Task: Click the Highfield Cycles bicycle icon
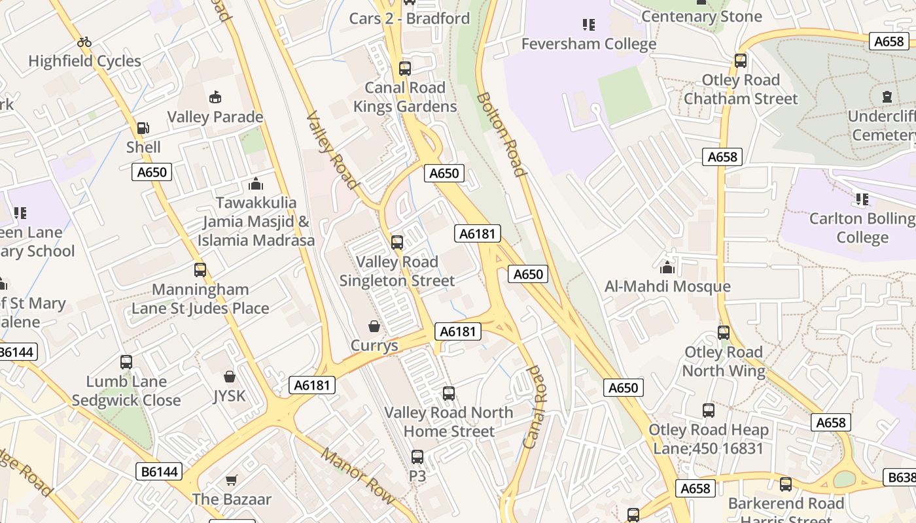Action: (84, 42)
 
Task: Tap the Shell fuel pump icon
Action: (143, 128)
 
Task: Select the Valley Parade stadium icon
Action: (215, 98)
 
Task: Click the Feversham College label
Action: (588, 44)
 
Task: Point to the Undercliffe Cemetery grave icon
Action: (887, 97)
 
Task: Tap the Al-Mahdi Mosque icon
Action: (667, 267)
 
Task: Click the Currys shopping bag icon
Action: (374, 326)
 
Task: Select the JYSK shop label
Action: (229, 396)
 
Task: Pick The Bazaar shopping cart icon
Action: (231, 481)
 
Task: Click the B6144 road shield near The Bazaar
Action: (160, 471)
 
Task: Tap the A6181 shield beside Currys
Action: (458, 331)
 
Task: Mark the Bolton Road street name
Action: (501, 134)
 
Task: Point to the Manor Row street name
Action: (358, 476)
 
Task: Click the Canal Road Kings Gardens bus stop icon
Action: (405, 68)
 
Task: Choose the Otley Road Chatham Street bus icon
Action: (741, 61)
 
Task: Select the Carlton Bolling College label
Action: (862, 228)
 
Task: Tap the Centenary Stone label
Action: (701, 16)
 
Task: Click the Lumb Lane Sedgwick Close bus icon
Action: (126, 362)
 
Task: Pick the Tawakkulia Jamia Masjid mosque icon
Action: (256, 184)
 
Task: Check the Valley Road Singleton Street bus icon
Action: (397, 243)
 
